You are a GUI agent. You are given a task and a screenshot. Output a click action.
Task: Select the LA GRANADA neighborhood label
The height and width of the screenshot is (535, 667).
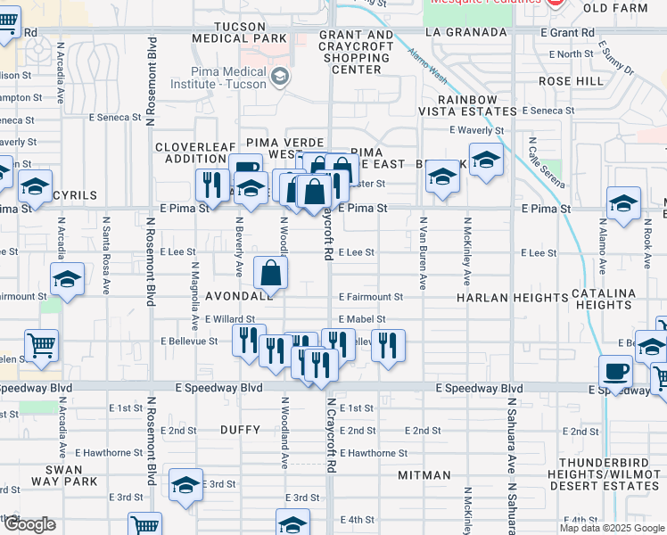[x=459, y=32]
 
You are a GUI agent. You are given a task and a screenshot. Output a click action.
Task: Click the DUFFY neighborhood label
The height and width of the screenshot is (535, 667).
[x=240, y=430]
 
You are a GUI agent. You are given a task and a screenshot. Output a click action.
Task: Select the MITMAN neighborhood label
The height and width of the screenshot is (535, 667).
[x=424, y=475]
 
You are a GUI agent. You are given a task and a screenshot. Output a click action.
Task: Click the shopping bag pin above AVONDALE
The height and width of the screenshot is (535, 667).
[x=270, y=273]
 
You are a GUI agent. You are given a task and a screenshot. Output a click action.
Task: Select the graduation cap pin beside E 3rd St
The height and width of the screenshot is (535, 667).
[x=185, y=485]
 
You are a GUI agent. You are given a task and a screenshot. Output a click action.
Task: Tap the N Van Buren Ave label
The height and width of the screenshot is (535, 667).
[x=424, y=252]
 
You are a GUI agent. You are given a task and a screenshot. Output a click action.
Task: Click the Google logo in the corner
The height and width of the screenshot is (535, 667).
[x=29, y=524]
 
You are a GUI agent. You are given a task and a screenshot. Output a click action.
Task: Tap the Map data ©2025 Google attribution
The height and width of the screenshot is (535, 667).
[x=611, y=528]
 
